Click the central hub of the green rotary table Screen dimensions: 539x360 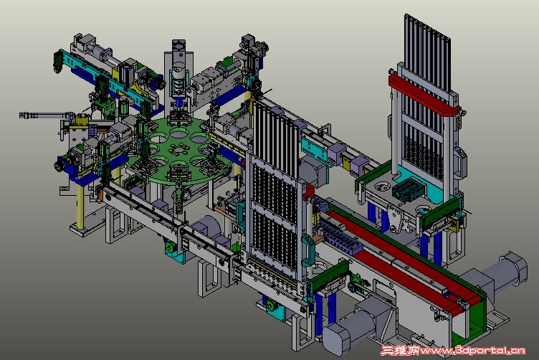coord(179,149)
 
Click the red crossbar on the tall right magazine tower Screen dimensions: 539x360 coord(424,95)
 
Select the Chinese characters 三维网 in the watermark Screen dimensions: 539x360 coord(400,351)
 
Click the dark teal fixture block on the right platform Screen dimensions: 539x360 coord(406,189)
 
